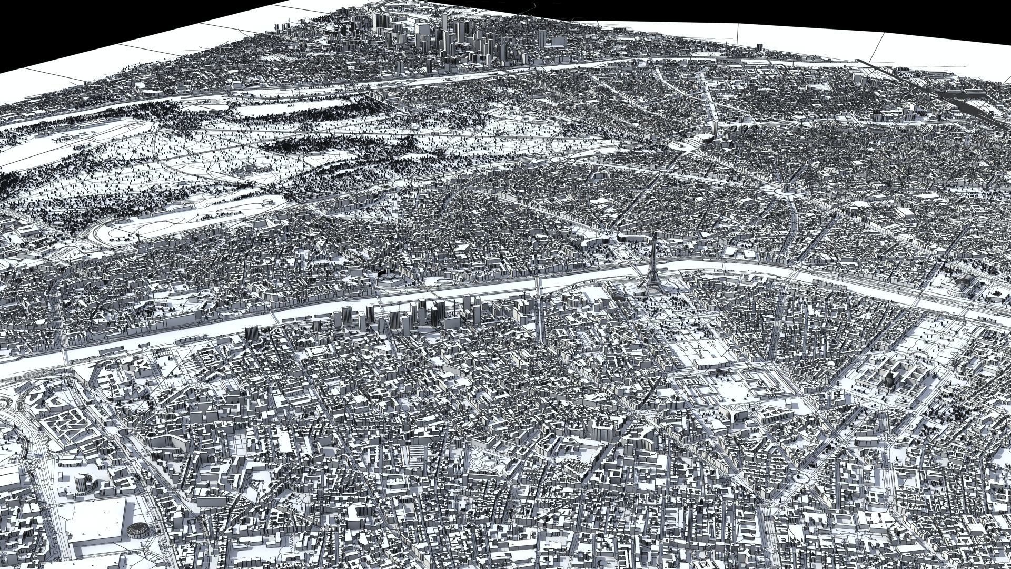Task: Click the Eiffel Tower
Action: pyautogui.click(x=651, y=269)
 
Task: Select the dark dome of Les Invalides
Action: pyautogui.click(x=889, y=378)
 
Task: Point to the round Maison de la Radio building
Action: pyautogui.click(x=388, y=277)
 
